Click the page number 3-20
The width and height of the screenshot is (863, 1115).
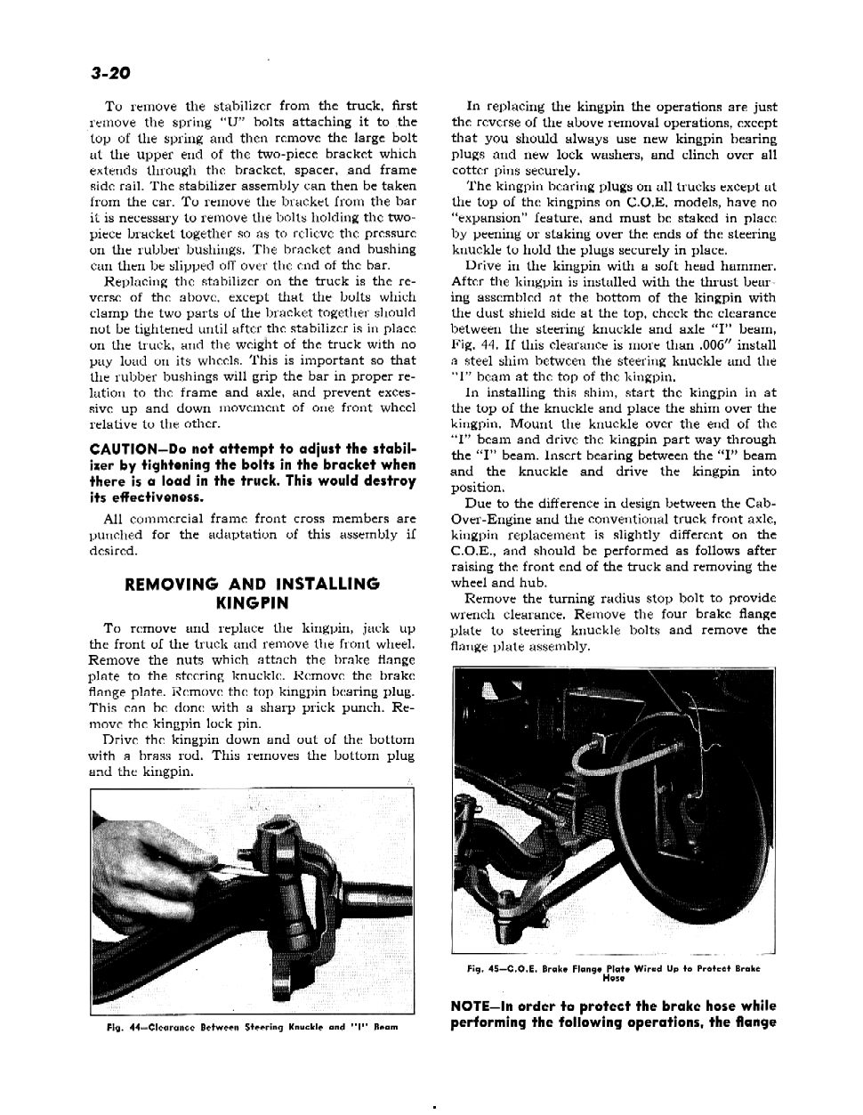110,72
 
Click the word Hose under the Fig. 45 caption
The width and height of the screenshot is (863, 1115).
614,977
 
